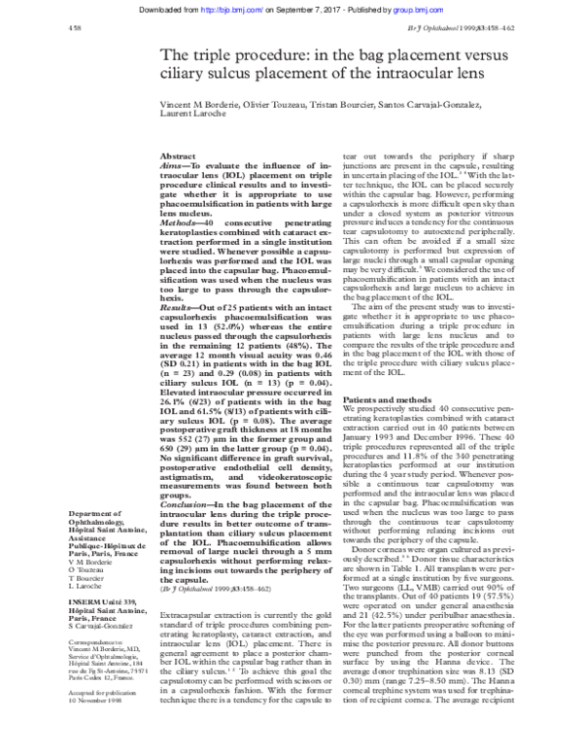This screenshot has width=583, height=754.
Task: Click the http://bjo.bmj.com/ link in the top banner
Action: point(223,8)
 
